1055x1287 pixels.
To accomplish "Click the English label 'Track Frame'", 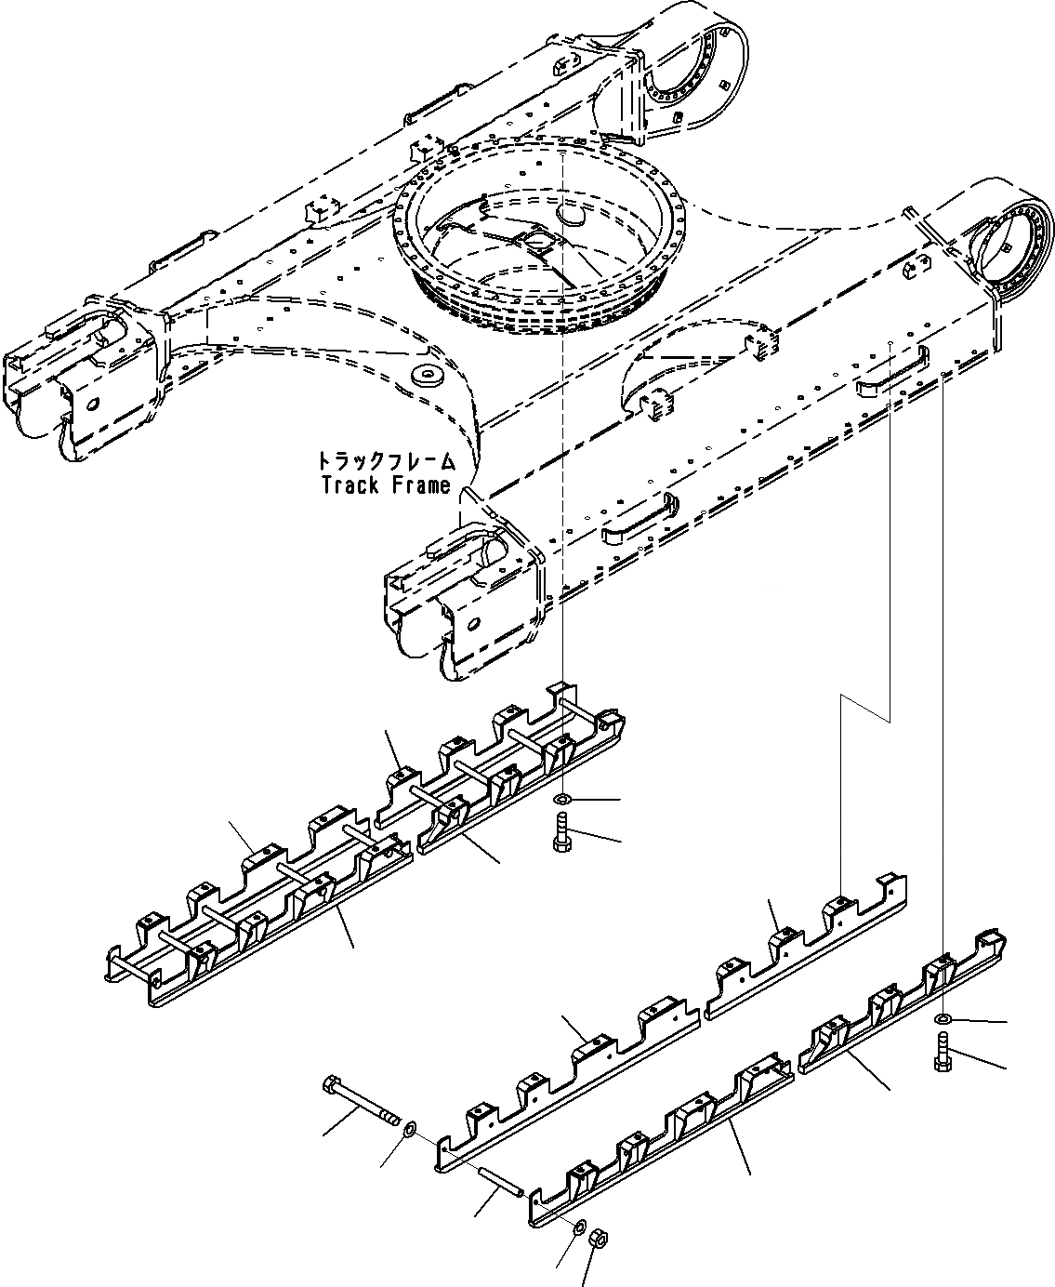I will click(x=385, y=484).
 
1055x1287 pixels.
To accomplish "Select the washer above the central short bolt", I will click(x=560, y=800).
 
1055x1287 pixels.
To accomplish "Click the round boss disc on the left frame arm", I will click(x=429, y=376).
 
